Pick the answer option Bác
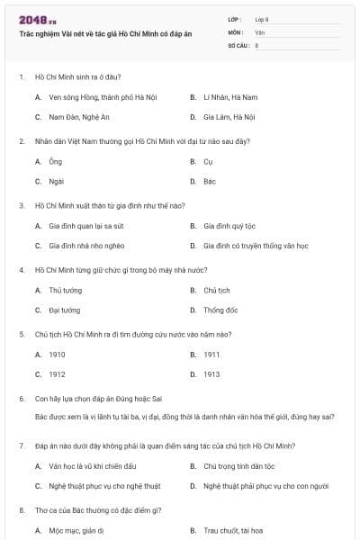click(210, 181)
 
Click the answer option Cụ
click(208, 161)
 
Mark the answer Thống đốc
click(220, 310)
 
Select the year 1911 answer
click(211, 354)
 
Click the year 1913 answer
click(211, 374)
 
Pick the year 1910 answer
click(57, 354)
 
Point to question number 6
click(22, 398)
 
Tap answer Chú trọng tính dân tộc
click(238, 465)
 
